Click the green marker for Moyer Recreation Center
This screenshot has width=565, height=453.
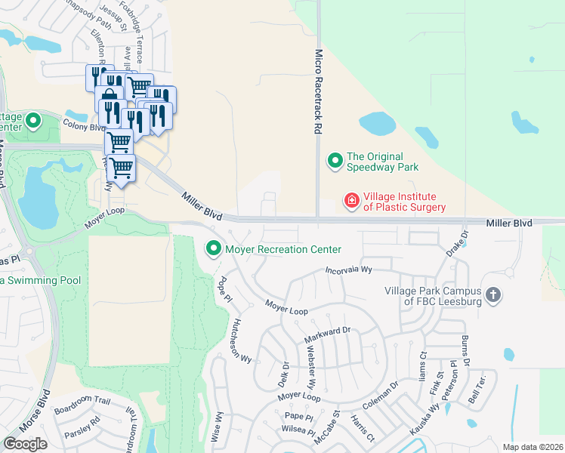[x=214, y=248]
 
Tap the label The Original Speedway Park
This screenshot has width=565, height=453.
[x=382, y=162]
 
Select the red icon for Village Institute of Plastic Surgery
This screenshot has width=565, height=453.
[x=351, y=200]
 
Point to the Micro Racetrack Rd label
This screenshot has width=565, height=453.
[x=319, y=92]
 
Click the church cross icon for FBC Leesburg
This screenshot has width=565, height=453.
[x=493, y=294]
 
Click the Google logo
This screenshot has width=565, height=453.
[x=25, y=444]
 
